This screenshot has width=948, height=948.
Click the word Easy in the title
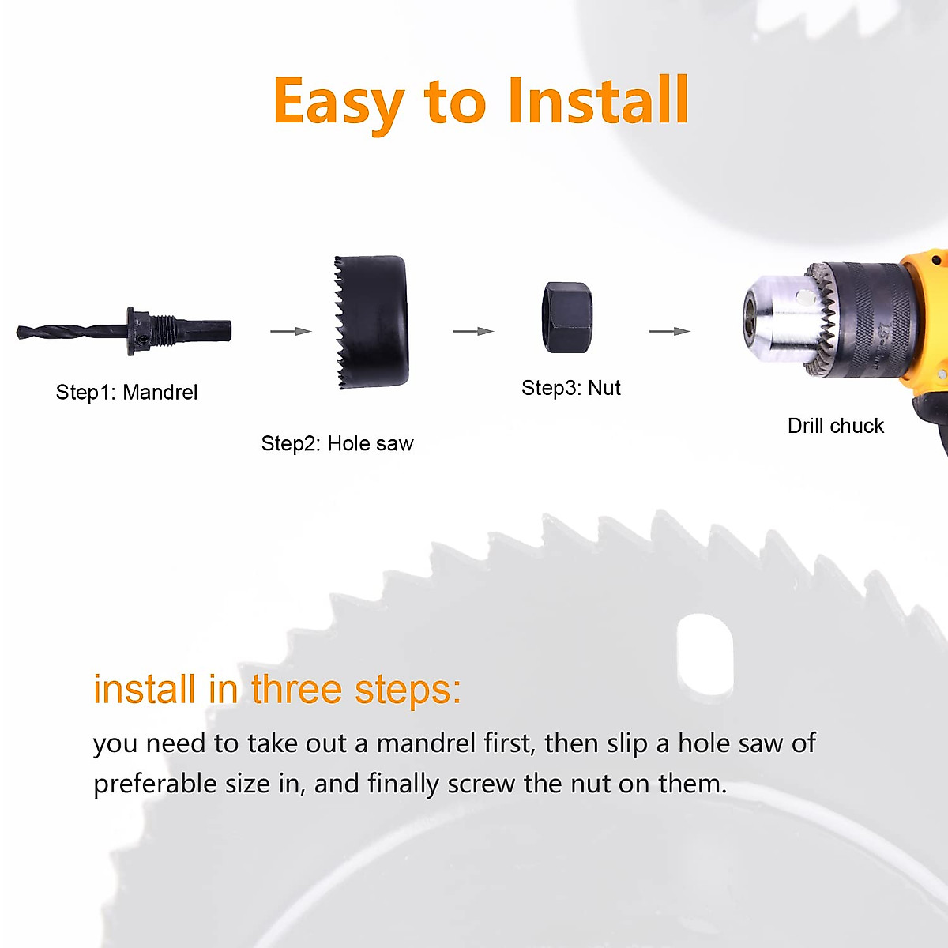[x=338, y=103]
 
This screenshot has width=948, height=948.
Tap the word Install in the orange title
[x=598, y=101]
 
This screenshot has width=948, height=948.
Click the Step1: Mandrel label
[x=126, y=393]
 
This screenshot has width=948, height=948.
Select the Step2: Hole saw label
[x=337, y=444]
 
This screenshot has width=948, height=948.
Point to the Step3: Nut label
[x=571, y=388]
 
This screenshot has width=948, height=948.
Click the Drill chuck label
[x=835, y=426]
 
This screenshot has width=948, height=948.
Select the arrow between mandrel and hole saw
[x=291, y=332]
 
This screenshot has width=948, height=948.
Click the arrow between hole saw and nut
[x=473, y=332]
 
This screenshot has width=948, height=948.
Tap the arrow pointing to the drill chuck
[x=670, y=332]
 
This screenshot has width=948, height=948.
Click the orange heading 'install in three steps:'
[x=276, y=690]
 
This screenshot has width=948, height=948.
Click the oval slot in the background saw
[x=705, y=655]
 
